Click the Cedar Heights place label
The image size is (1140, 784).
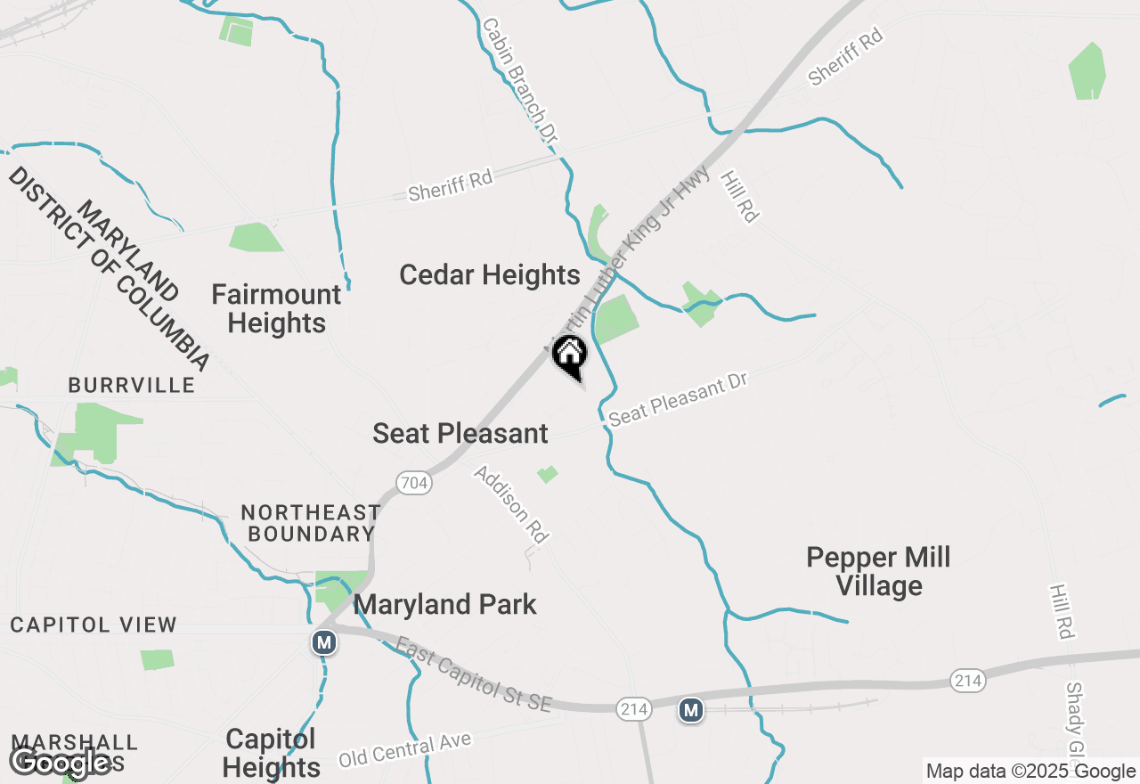click(x=490, y=275)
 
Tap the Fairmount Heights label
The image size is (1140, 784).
click(x=277, y=308)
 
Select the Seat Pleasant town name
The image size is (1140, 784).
click(x=460, y=434)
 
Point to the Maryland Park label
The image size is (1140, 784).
click(x=445, y=605)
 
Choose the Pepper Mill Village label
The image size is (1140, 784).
click(x=878, y=572)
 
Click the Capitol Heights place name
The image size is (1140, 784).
click(x=272, y=753)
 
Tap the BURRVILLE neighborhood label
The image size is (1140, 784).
click(x=132, y=385)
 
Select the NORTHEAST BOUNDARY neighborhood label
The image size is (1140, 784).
click(x=311, y=523)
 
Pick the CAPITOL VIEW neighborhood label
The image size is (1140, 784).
click(x=94, y=625)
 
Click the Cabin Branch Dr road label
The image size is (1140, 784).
click(x=520, y=81)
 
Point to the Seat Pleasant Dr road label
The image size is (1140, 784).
click(x=678, y=398)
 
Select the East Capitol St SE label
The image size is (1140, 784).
click(x=474, y=674)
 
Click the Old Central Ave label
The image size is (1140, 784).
click(x=404, y=750)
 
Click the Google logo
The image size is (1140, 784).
click(x=61, y=763)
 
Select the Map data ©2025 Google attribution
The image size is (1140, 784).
click(x=1030, y=772)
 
